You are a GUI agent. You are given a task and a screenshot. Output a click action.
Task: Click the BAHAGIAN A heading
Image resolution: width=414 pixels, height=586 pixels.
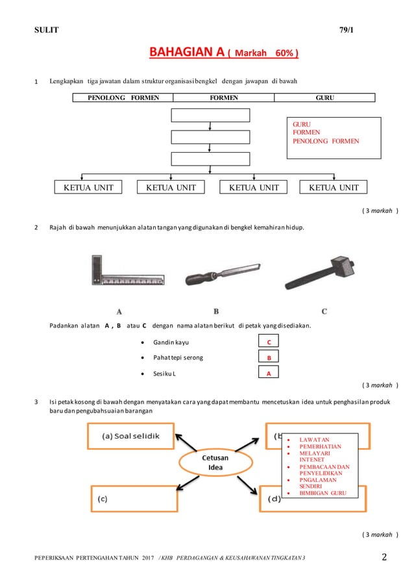[224, 51]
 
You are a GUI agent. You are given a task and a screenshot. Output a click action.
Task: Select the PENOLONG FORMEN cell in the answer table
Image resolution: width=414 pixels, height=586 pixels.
[123, 97]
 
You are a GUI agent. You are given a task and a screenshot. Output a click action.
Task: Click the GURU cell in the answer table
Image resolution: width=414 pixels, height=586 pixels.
[325, 97]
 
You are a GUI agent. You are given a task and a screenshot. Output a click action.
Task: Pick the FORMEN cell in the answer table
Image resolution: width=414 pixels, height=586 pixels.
[223, 97]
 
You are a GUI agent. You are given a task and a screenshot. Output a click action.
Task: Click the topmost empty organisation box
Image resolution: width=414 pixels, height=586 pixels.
[210, 116]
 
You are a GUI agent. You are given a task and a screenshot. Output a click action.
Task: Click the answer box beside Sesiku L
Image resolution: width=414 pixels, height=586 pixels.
[269, 373]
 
